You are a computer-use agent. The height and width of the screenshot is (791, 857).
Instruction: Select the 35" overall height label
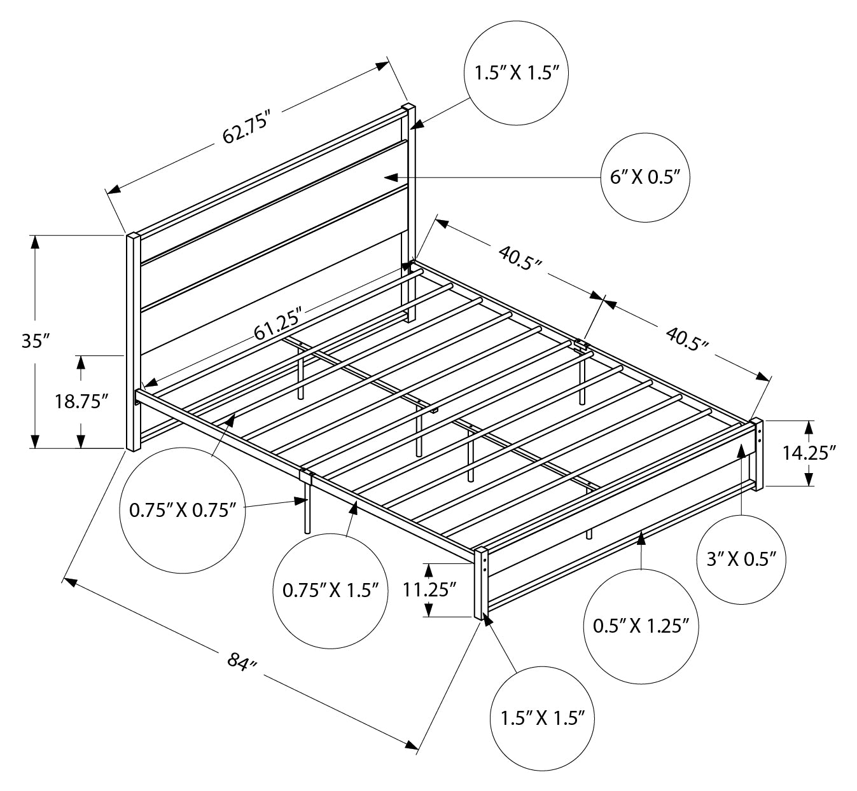pos(36,341)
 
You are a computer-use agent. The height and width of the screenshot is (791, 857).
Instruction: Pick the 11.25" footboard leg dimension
pos(430,589)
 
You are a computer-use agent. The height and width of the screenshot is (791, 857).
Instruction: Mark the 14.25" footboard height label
pos(809,453)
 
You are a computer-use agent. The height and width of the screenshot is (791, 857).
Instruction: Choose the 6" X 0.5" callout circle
pos(645,177)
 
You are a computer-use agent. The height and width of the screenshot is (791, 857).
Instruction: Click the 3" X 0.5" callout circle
pos(742,559)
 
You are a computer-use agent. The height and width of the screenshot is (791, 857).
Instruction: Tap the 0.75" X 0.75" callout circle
pos(183,509)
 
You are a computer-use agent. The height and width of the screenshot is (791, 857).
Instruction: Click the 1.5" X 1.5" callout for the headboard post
pos(516,73)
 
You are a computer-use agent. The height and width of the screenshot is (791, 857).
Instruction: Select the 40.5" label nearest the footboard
pos(686,338)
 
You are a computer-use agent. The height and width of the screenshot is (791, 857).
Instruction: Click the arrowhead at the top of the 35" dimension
pos(36,242)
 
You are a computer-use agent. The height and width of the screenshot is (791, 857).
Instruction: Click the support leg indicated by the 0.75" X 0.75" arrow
pos(307,509)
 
